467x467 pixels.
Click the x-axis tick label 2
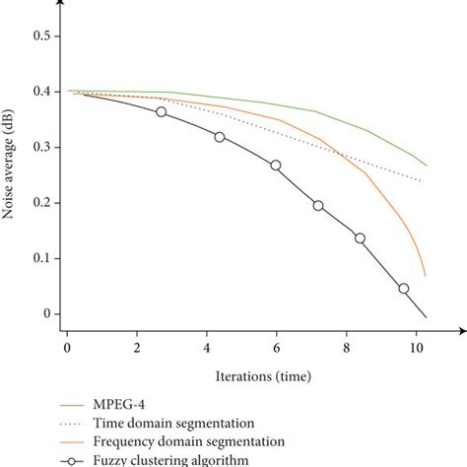point(136,348)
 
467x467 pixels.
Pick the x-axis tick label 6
point(276,348)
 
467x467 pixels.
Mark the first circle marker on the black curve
point(162,112)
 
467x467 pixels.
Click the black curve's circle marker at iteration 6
point(276,166)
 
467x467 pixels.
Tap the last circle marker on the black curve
point(403,289)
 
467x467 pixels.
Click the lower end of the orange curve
point(425,275)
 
